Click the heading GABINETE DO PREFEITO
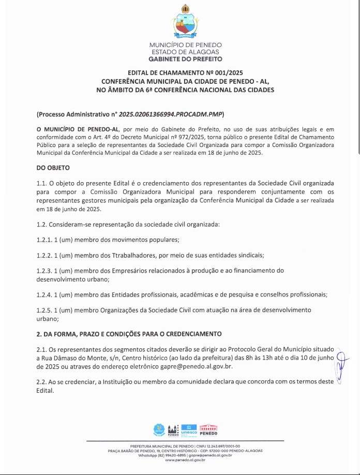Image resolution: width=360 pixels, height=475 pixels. (x=185, y=59)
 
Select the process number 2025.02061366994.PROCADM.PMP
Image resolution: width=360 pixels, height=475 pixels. (x=171, y=114)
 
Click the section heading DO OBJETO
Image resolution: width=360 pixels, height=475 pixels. (x=53, y=168)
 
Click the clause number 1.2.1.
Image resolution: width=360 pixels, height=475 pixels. (x=44, y=240)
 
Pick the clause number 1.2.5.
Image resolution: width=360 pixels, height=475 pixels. (x=44, y=310)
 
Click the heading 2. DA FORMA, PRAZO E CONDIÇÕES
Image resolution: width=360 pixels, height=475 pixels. (x=129, y=334)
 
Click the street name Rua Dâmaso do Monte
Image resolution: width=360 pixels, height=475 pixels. (x=72, y=358)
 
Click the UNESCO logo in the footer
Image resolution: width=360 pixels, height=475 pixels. (x=188, y=430)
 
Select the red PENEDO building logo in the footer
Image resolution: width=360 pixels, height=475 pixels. (x=208, y=430)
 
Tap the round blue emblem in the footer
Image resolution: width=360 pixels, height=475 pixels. (x=158, y=430)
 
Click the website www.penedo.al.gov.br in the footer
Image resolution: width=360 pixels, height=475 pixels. (x=185, y=459)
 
